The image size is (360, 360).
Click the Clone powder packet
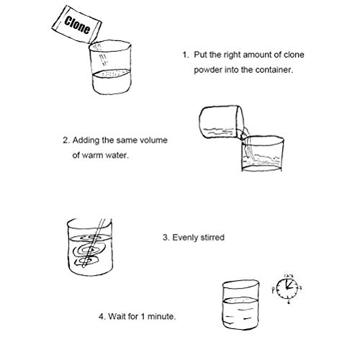point(76,24)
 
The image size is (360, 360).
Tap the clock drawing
point(287,288)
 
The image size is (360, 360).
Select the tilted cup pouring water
point(222,122)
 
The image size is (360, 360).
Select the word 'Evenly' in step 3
point(185,238)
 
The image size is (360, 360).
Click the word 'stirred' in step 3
point(212,238)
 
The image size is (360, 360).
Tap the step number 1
point(186,55)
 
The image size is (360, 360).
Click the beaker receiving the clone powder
point(110,68)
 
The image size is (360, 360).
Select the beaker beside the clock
point(240,305)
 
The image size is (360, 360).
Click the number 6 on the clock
point(289,302)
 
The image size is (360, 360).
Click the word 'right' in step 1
point(233,55)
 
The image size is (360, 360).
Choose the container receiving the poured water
point(263,153)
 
